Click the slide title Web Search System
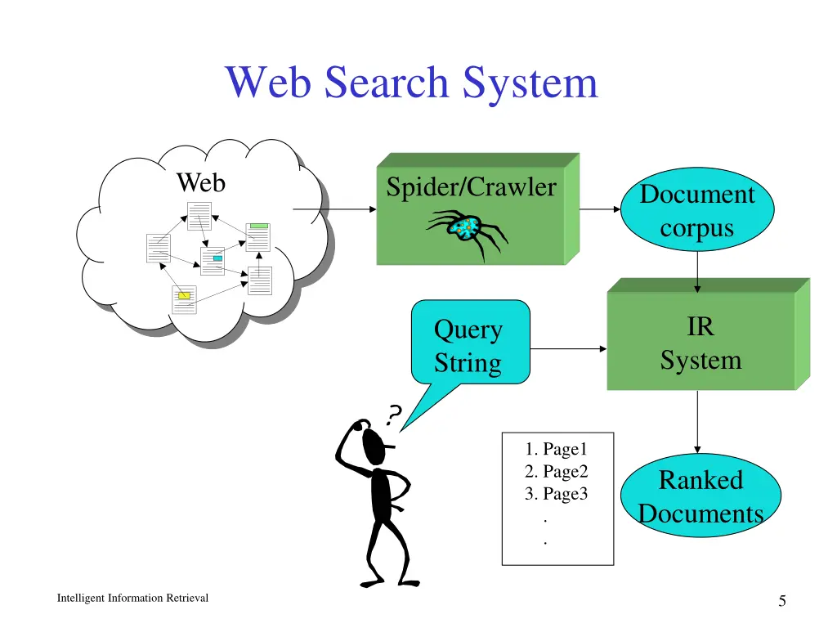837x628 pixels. coord(411,83)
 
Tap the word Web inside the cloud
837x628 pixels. coord(200,182)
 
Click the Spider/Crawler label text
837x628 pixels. coord(471,187)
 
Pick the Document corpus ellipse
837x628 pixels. coord(696,211)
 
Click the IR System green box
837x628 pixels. coord(700,343)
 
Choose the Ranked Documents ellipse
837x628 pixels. coord(700,496)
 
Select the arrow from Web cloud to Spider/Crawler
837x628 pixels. coord(333,209)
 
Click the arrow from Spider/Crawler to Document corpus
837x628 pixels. coord(601,209)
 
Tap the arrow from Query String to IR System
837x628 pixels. coord(568,349)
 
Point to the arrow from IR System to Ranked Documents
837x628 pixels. coord(697,421)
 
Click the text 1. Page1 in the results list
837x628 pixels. coord(557,449)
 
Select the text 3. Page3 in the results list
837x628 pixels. coord(557,494)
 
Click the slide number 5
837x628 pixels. coord(782,602)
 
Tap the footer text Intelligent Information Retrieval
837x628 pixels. coord(132,599)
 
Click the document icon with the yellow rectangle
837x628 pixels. coord(184,299)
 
